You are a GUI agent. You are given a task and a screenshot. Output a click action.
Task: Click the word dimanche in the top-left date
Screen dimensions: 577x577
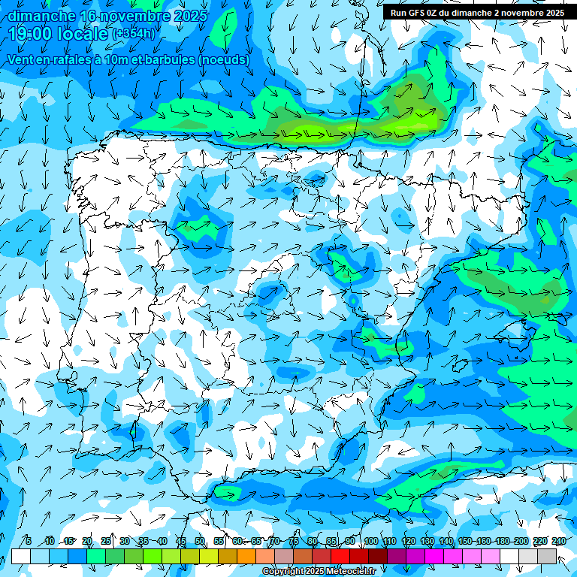tap(42, 16)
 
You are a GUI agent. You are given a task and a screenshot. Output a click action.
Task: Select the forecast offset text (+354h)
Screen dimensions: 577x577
tap(134, 34)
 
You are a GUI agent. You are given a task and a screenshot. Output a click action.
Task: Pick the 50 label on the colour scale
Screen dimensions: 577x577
tap(200, 541)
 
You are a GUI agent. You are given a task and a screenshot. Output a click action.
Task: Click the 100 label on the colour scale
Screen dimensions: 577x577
tap(370, 541)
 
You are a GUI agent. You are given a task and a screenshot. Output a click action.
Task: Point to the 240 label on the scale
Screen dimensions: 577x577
tap(559, 541)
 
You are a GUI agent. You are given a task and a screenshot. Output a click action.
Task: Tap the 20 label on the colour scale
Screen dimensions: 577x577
tap(86, 541)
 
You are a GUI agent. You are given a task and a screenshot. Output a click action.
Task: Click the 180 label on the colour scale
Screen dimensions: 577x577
tap(503, 541)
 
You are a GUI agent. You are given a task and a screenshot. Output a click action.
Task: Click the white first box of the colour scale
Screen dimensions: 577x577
tap(20, 556)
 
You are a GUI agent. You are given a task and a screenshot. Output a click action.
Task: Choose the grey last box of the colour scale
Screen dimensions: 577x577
tap(547, 556)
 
